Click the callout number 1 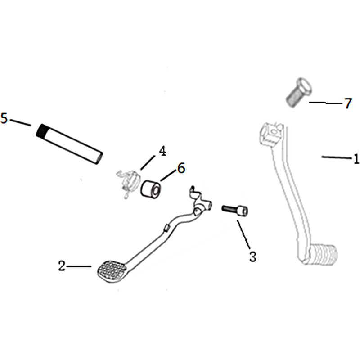(x=356, y=159)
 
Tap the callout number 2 (x=62, y=266)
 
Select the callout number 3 (x=253, y=256)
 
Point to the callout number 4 (x=162, y=151)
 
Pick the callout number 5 (x=4, y=118)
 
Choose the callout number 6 (x=181, y=168)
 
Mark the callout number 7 (x=348, y=103)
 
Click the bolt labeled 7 (x=299, y=92)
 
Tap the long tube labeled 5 (x=69, y=144)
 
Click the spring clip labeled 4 (x=127, y=183)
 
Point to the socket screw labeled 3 (x=234, y=210)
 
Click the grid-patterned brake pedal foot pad (x=112, y=271)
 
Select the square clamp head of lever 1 (x=270, y=134)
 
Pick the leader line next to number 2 (x=79, y=266)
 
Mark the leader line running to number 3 (x=243, y=234)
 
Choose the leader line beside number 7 (x=325, y=103)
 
